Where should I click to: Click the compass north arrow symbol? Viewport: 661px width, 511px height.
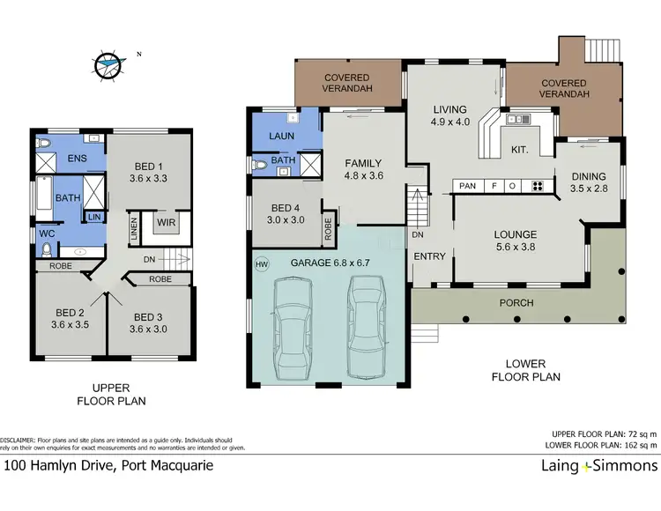pos(108,63)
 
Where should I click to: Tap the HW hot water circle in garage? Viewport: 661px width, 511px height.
pos(261,263)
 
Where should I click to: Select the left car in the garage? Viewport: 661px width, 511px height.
pos(292,325)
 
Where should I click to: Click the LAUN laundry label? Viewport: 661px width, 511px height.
pos(282,137)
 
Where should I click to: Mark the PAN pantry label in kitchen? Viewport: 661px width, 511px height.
pos(468,186)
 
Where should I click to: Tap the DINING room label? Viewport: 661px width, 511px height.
pos(588,175)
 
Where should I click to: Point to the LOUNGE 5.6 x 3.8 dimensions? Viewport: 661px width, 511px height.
pos(516,248)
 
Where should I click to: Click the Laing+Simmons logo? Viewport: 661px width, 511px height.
pos(587,466)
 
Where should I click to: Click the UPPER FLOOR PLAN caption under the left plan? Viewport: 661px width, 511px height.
pos(112,394)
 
